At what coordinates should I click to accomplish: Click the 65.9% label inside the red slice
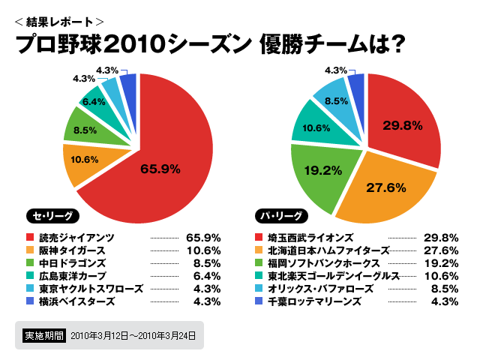[x=160, y=169]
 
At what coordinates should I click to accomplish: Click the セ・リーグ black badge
[x=50, y=214]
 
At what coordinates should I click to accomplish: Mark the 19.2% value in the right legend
[x=442, y=262]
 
